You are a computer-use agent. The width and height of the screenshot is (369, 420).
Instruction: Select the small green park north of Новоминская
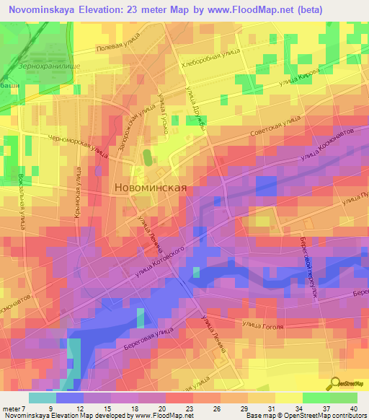pyautogui.click(x=147, y=157)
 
